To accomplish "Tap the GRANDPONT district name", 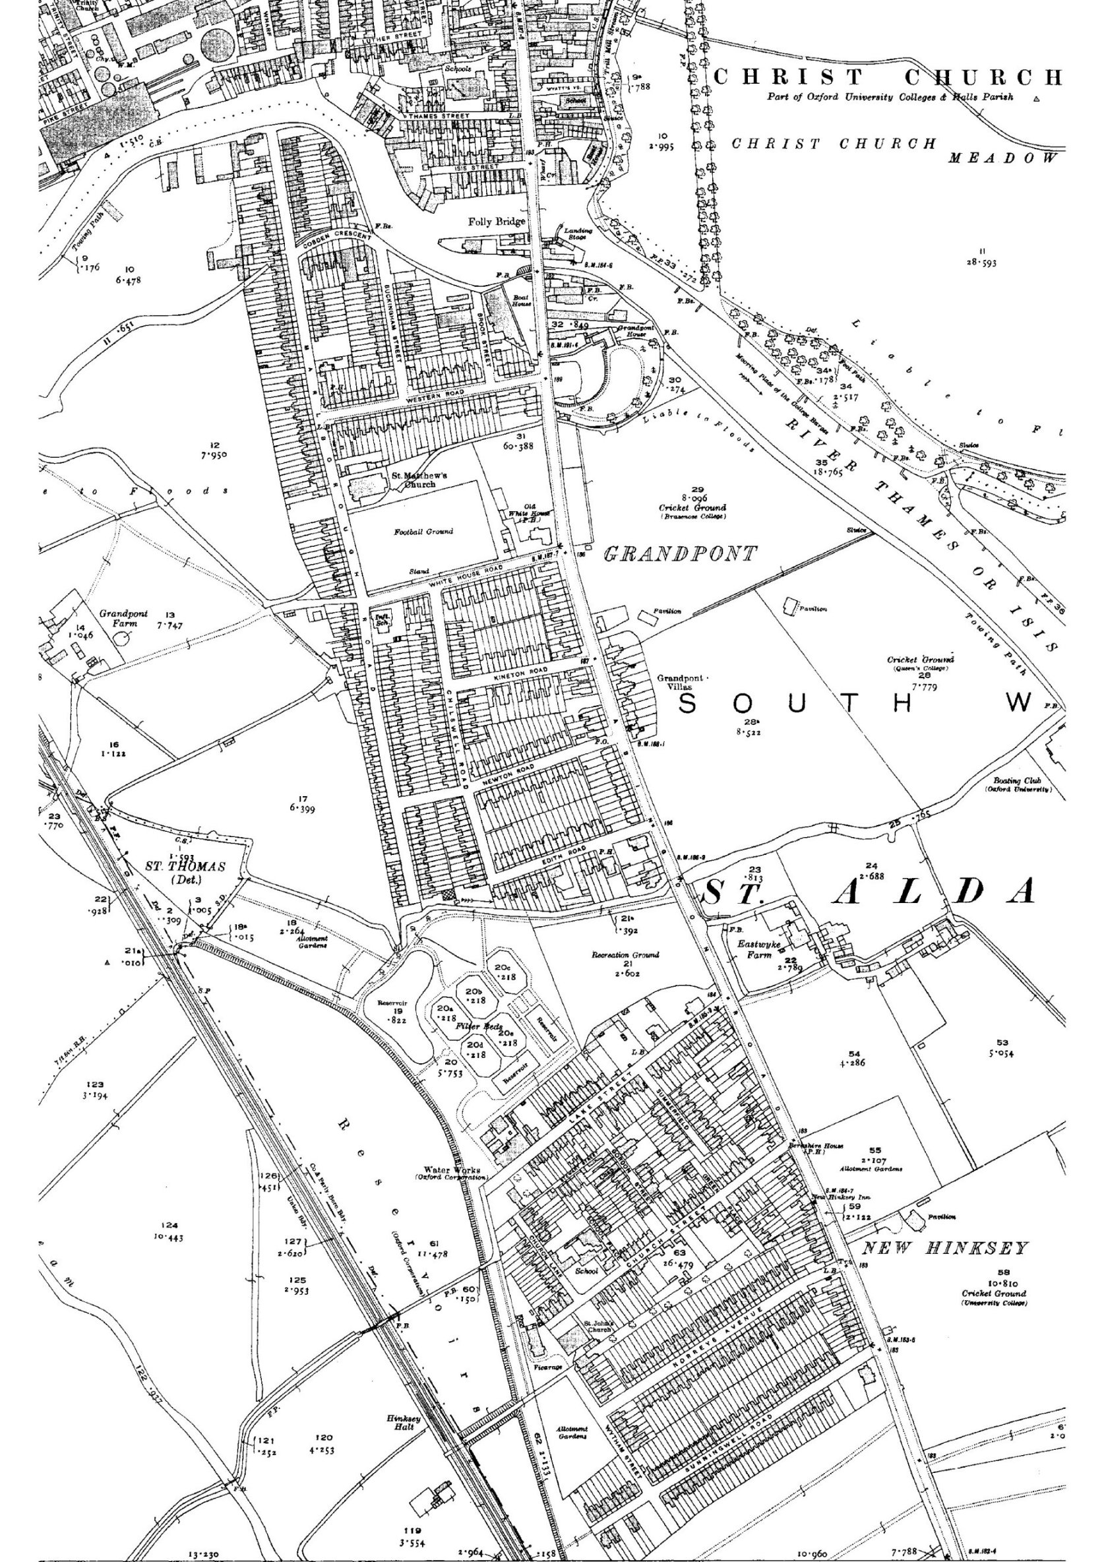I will (681, 555).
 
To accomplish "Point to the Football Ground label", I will (423, 531).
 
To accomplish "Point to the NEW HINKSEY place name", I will (946, 1249).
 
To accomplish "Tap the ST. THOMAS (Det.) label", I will (185, 872).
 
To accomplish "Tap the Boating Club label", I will (1018, 784).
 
